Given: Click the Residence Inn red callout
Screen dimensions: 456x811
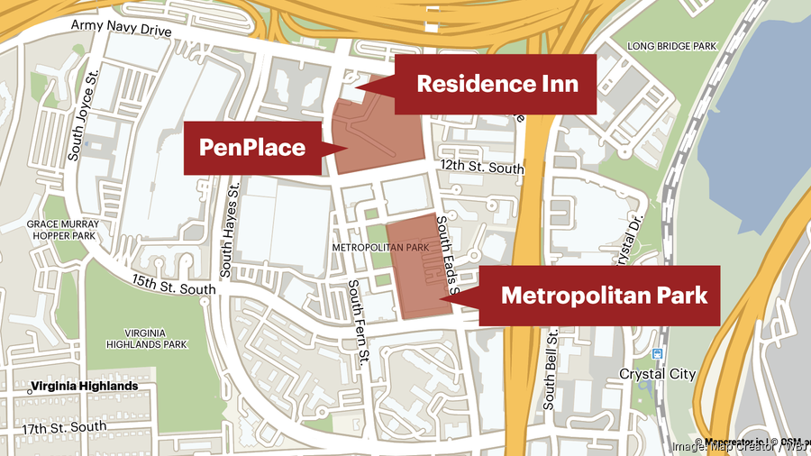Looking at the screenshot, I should tap(496, 84).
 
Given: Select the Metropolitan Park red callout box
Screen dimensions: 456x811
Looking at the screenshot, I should tap(603, 295).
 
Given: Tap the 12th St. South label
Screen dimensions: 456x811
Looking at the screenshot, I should tap(481, 168).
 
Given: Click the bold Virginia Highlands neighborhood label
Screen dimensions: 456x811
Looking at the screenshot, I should tap(84, 387).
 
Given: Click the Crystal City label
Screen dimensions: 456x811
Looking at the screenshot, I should tap(657, 373).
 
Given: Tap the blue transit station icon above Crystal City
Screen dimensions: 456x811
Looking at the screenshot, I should tap(657, 354).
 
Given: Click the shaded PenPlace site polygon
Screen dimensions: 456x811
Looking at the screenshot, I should tap(378, 135).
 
